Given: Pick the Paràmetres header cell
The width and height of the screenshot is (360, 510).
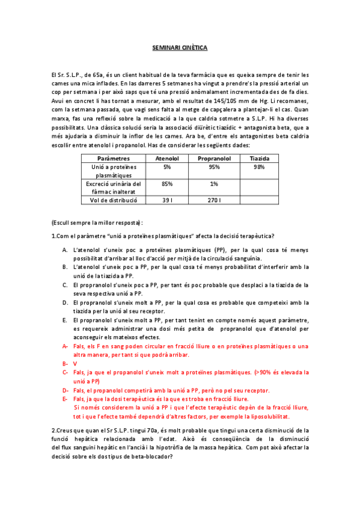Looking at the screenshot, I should (113, 158).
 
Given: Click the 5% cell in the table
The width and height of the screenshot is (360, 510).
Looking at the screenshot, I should (167, 167).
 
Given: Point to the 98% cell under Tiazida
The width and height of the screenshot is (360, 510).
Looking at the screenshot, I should (259, 167).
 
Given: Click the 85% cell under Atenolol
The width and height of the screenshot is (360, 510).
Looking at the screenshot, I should (167, 183).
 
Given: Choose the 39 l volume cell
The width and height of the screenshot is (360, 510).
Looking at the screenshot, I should (167, 200).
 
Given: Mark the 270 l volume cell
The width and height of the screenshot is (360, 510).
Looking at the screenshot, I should (215, 200).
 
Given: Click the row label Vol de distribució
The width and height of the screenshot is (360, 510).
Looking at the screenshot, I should (113, 200).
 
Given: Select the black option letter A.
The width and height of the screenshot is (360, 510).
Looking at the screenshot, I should (65, 249).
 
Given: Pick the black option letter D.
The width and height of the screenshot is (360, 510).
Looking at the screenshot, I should (65, 303).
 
